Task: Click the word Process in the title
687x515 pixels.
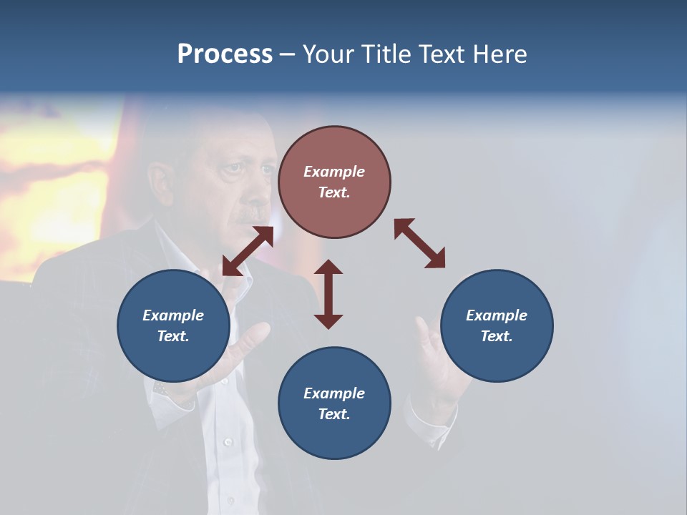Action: [225, 54]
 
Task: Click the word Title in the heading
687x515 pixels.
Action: [384, 54]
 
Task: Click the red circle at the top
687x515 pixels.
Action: [334, 182]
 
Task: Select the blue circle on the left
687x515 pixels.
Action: [173, 325]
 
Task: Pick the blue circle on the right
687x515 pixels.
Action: [497, 325]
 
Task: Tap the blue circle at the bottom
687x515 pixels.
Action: [334, 403]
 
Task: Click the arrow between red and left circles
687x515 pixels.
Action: [248, 251]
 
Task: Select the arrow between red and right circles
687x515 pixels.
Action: [419, 244]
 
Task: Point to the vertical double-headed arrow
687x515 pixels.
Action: [328, 294]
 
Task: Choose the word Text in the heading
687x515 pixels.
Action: [443, 54]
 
